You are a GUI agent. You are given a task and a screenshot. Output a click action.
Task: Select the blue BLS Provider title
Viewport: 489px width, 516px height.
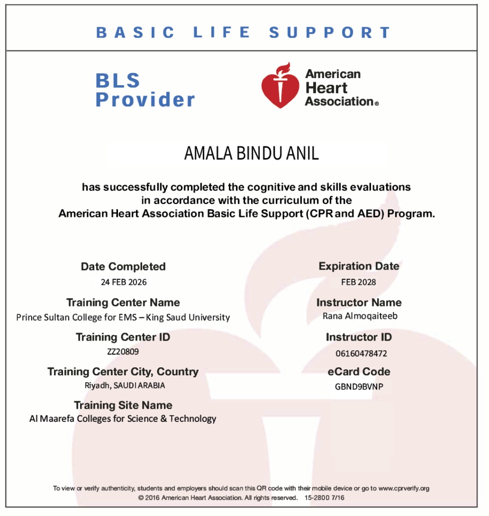point(145,90)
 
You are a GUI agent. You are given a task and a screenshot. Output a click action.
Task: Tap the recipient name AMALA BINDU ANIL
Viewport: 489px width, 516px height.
point(252,153)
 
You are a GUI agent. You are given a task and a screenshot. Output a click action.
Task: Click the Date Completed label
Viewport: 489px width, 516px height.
point(123,267)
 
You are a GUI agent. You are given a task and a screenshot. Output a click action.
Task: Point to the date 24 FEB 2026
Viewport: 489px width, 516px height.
point(124,282)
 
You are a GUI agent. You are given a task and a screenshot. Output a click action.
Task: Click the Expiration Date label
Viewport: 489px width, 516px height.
point(358,266)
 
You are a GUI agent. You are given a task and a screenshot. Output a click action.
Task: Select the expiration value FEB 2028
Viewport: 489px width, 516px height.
point(358,282)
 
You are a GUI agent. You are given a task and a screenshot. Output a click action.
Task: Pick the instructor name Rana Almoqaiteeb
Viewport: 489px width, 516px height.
point(358,316)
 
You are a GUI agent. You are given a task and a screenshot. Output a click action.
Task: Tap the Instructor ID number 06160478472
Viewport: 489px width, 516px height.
point(361,353)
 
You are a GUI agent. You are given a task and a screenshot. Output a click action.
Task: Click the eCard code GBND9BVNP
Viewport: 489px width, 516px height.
point(358,387)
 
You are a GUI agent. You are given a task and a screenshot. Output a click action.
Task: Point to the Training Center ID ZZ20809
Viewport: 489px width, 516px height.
point(123,352)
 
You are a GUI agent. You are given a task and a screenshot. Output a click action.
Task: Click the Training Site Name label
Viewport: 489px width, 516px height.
point(123,405)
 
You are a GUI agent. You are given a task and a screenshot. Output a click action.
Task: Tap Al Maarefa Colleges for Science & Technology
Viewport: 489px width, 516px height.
point(123,419)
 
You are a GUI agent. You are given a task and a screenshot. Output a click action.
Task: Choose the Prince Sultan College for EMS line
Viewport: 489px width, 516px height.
point(123,317)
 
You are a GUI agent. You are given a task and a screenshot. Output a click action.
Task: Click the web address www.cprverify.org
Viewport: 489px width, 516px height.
point(403,488)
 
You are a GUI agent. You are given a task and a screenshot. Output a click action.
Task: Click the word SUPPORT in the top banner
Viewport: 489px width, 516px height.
point(330,33)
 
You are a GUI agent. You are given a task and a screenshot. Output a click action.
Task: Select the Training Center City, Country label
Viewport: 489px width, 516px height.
point(123,372)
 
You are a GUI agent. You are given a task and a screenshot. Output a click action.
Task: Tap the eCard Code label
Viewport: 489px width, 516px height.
point(358,372)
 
